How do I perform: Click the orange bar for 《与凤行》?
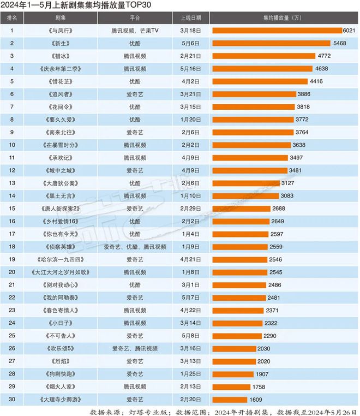(276, 30)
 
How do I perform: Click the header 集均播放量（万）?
(281, 17)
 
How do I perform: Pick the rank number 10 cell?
(11, 145)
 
